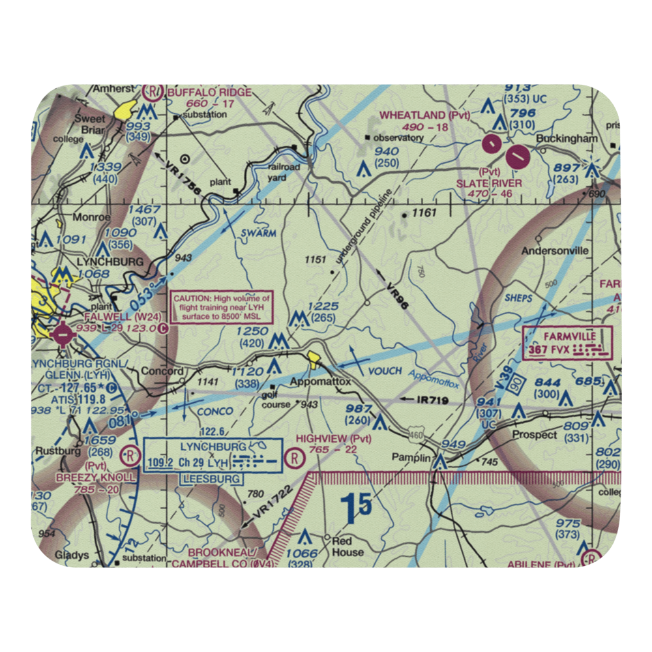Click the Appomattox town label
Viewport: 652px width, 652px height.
320,381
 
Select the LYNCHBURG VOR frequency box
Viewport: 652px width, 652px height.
213,454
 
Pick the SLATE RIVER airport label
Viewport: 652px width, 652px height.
490,183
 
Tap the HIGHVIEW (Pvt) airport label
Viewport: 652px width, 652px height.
334,439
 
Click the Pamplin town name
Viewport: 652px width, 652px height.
411,458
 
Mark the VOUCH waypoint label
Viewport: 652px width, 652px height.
385,370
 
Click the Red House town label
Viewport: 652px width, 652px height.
348,547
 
